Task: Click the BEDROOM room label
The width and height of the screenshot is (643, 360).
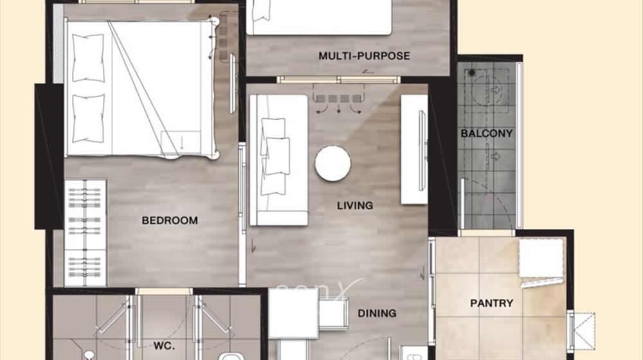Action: (170, 221)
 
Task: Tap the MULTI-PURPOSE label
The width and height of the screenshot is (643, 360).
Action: (364, 56)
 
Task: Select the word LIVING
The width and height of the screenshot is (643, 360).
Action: (355, 206)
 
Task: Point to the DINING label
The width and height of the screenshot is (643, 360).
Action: (377, 313)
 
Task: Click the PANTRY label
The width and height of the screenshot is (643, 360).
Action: (492, 303)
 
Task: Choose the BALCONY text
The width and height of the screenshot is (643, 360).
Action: (487, 133)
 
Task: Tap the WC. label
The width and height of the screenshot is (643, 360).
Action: (164, 346)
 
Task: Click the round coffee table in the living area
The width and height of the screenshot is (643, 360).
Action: (332, 163)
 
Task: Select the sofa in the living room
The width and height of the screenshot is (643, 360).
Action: (278, 160)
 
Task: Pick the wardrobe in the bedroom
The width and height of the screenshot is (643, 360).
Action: (86, 233)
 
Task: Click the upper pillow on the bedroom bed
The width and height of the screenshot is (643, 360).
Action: (88, 58)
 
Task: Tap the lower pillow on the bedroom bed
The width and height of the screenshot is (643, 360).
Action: (88, 118)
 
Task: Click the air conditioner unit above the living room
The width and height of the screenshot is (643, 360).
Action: (338, 98)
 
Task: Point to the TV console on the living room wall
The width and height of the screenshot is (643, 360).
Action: (414, 149)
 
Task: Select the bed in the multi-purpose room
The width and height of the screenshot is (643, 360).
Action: (319, 17)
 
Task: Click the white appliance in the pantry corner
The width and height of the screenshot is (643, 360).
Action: (541, 258)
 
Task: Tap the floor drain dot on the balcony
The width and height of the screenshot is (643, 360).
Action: (472, 73)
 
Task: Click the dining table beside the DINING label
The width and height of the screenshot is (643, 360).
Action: (293, 313)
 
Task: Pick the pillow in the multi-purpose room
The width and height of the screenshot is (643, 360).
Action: (261, 10)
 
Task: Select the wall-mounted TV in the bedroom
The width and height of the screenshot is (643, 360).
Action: (233, 84)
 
